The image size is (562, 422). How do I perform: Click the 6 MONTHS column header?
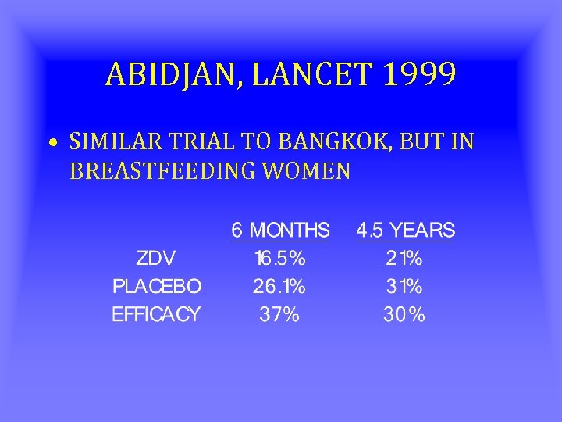pyautogui.click(x=280, y=231)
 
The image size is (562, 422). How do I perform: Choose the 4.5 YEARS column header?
pyautogui.click(x=405, y=231)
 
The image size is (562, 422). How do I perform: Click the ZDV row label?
pyautogui.click(x=156, y=259)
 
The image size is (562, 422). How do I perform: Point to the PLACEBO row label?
pyautogui.click(x=156, y=287)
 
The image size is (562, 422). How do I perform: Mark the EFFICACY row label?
pyautogui.click(x=156, y=315)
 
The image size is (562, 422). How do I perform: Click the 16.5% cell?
pyautogui.click(x=279, y=259)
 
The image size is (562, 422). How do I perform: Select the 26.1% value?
pyautogui.click(x=279, y=287)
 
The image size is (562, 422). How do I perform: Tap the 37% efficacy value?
pyautogui.click(x=279, y=315)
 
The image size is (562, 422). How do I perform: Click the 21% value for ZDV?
pyautogui.click(x=404, y=259)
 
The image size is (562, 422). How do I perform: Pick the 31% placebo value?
pyautogui.click(x=404, y=287)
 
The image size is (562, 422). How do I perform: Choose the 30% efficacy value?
pyautogui.click(x=404, y=315)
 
